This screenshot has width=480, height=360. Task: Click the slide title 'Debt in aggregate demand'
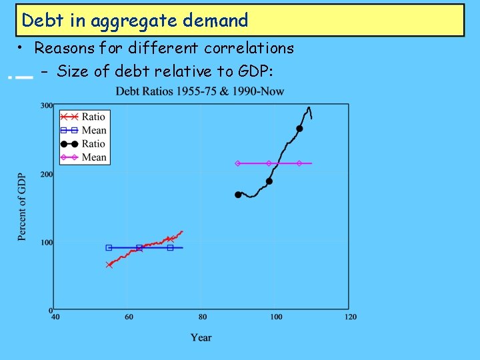(135, 21)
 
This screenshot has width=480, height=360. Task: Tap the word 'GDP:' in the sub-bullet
(255, 71)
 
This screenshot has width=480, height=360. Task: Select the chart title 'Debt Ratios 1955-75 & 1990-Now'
(200, 91)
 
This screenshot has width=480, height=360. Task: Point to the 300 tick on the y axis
(47, 105)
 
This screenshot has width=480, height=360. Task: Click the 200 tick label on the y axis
(47, 174)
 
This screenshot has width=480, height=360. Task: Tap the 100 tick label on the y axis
(47, 243)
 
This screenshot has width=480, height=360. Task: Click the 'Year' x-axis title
(201, 337)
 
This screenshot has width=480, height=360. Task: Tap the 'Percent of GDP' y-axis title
(22, 207)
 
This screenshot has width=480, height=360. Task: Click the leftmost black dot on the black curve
(238, 195)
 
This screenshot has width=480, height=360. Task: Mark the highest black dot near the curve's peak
(299, 129)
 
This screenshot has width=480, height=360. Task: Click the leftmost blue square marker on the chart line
(109, 247)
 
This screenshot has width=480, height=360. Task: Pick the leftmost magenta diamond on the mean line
(237, 163)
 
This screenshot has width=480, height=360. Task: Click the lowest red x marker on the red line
(109, 265)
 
